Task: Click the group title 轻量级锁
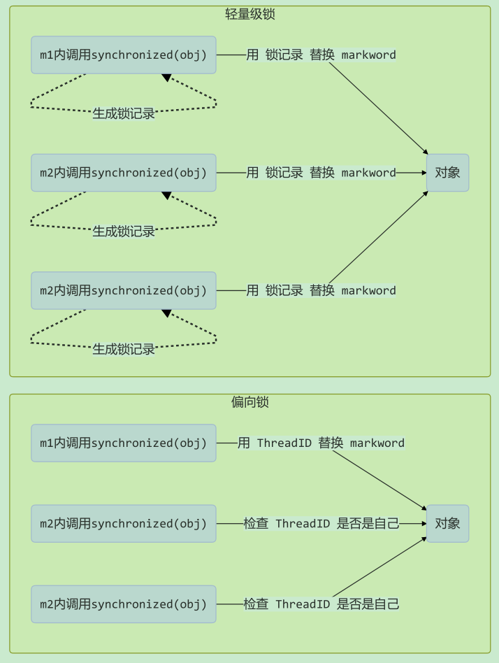249,14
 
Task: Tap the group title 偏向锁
249,401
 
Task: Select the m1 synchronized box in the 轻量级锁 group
124,55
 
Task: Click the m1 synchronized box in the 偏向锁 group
124,443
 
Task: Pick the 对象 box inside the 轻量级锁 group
447,173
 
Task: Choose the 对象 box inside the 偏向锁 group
447,523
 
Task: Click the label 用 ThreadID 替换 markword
321,443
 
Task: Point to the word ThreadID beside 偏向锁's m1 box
284,443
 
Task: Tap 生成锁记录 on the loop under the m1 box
124,113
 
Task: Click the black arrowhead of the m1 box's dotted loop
166,78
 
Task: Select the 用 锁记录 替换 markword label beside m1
321,55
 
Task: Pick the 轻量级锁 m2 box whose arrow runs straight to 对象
124,173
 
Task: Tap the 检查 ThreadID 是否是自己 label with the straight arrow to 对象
321,523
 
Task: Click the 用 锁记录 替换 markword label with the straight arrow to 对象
321,173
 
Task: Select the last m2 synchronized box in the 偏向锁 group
124,604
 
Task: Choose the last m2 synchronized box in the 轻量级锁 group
124,290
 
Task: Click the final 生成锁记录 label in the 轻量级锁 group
124,349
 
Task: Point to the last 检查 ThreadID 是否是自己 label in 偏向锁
321,604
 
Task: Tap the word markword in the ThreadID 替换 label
377,443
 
